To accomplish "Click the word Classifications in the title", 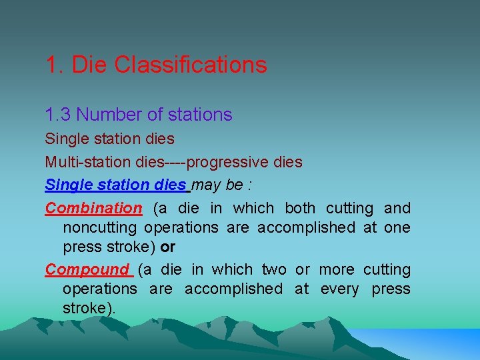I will coord(191,65).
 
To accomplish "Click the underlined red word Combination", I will coord(93,208).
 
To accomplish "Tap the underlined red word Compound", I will coord(87,269).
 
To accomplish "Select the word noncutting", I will coord(101,227).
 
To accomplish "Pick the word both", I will coord(300,208).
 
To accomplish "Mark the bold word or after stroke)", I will coord(168,247).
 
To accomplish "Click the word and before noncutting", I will coord(397,208).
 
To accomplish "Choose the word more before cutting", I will coord(337,269).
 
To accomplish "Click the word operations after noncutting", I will coord(181,227).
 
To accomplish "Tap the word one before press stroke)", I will coord(397,227).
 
